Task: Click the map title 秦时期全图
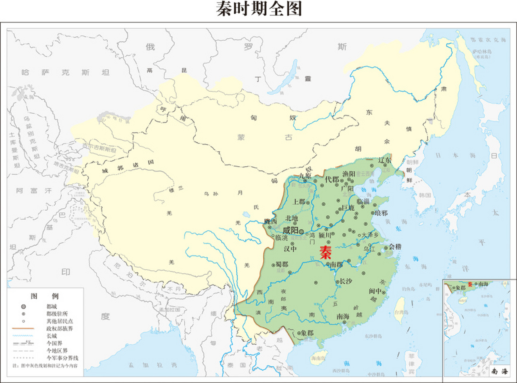[x=259, y=9]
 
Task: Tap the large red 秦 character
[x=325, y=252]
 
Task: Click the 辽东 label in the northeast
[x=384, y=160]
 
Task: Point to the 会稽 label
[x=395, y=247]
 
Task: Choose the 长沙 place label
[x=346, y=281]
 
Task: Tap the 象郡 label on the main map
[x=307, y=333]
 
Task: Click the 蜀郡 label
[x=282, y=264]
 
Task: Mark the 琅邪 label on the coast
[x=381, y=213]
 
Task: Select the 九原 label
[x=305, y=176]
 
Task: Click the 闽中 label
[x=375, y=291]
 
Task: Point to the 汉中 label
[x=290, y=249]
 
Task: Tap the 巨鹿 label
[x=348, y=207]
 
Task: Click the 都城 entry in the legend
[x=51, y=306]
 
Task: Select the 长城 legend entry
[x=51, y=336]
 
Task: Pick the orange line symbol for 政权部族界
[x=23, y=329]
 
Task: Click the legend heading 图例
[x=45, y=296]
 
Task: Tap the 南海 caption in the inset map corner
[x=499, y=371]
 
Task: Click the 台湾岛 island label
[x=401, y=312]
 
